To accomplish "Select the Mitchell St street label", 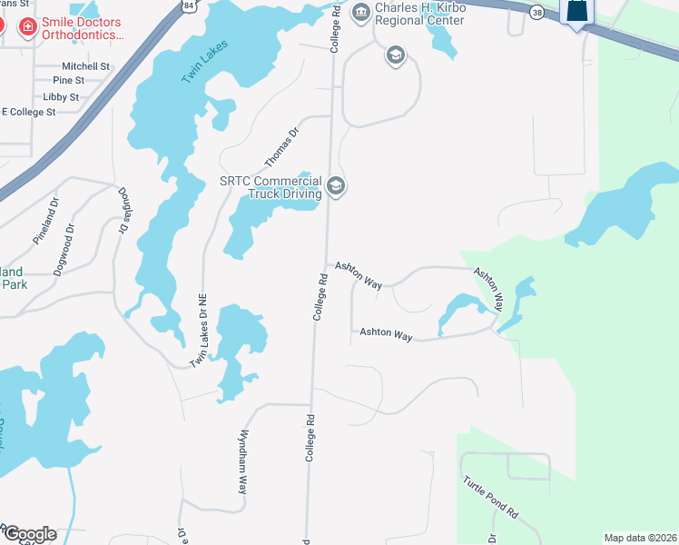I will pyautogui.click(x=85, y=66).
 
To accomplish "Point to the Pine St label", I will pyautogui.click(x=93, y=81).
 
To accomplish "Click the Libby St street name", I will pyautogui.click(x=61, y=96).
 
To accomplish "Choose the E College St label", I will pyautogui.click(x=30, y=112).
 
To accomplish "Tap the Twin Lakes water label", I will pyautogui.click(x=204, y=63).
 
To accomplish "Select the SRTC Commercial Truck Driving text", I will pyautogui.click(x=271, y=187).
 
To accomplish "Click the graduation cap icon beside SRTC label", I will pyautogui.click(x=336, y=187).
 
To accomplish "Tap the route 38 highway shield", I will pyautogui.click(x=538, y=12).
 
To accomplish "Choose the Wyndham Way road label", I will pyautogui.click(x=243, y=461).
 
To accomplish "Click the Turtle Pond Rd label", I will pyautogui.click(x=489, y=497).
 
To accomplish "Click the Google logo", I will pyautogui.click(x=29, y=534).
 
